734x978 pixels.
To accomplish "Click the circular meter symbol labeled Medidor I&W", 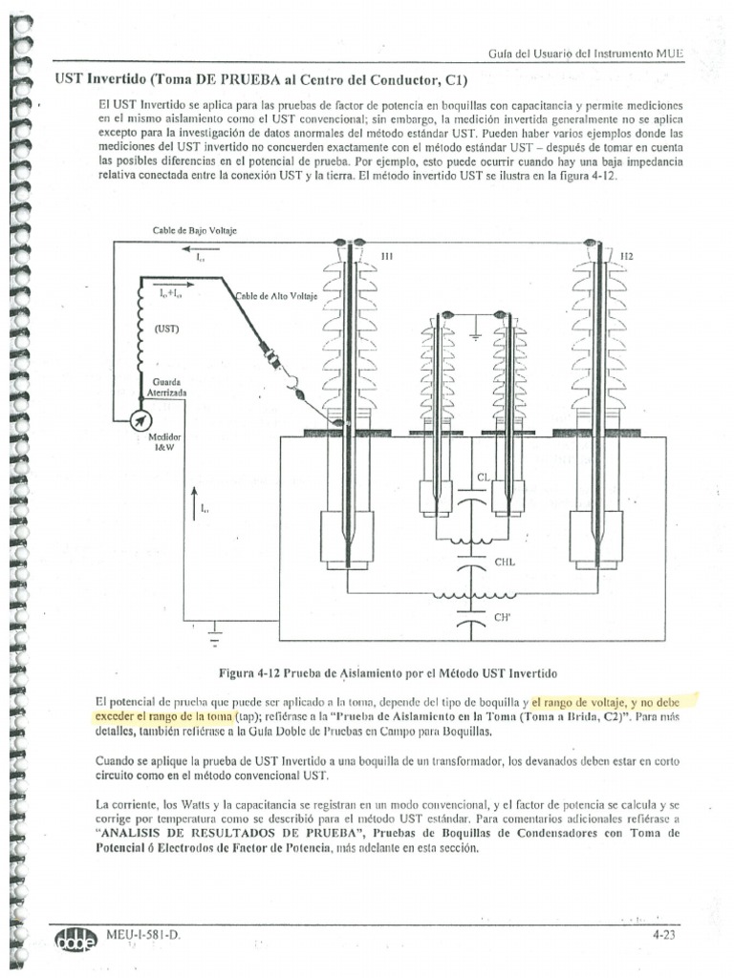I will pyautogui.click(x=140, y=419).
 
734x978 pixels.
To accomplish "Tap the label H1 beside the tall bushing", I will pyautogui.click(x=386, y=256).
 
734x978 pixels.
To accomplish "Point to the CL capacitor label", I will pyautogui.click(x=484, y=478).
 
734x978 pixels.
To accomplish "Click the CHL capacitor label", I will pyautogui.click(x=505, y=563).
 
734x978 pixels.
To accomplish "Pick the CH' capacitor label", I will pyautogui.click(x=502, y=619).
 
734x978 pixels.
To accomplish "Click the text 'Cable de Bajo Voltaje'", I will pyautogui.click(x=194, y=232).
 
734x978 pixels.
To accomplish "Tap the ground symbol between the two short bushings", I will pyautogui.click(x=473, y=335).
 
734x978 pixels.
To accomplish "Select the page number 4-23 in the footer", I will pyautogui.click(x=664, y=936).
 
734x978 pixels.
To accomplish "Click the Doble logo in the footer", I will pyautogui.click(x=76, y=938).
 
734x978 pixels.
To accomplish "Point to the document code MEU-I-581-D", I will pyautogui.click(x=143, y=936).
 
